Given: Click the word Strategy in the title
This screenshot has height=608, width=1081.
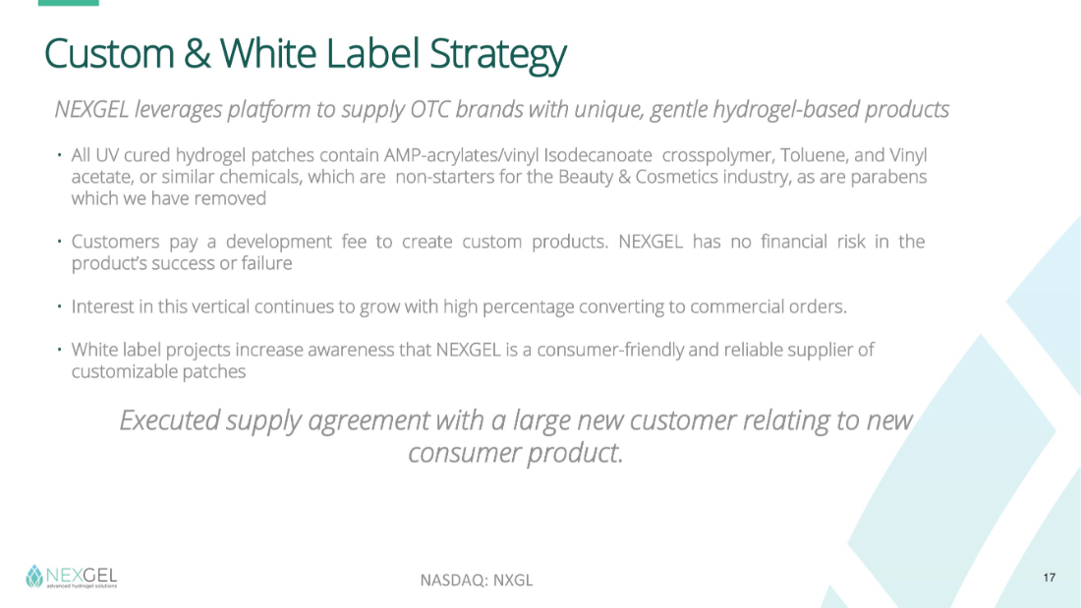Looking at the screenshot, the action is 497,54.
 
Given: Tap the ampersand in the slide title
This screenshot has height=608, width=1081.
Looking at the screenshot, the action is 198,54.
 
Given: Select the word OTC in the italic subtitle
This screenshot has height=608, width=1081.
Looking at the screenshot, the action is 428,109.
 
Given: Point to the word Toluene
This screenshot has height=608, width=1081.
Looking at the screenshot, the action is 812,156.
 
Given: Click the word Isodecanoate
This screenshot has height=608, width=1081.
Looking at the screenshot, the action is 597,155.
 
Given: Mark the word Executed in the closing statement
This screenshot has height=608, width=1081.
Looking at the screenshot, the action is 170,419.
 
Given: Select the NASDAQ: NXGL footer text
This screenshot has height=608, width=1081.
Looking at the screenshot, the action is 477,580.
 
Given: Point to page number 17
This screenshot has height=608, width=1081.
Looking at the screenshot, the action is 1050,578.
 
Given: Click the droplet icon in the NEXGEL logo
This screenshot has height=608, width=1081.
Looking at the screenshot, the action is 34,577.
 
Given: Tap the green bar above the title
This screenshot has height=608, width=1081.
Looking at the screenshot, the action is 68,3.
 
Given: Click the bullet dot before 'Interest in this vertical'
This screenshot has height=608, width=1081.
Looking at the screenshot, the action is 60,305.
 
